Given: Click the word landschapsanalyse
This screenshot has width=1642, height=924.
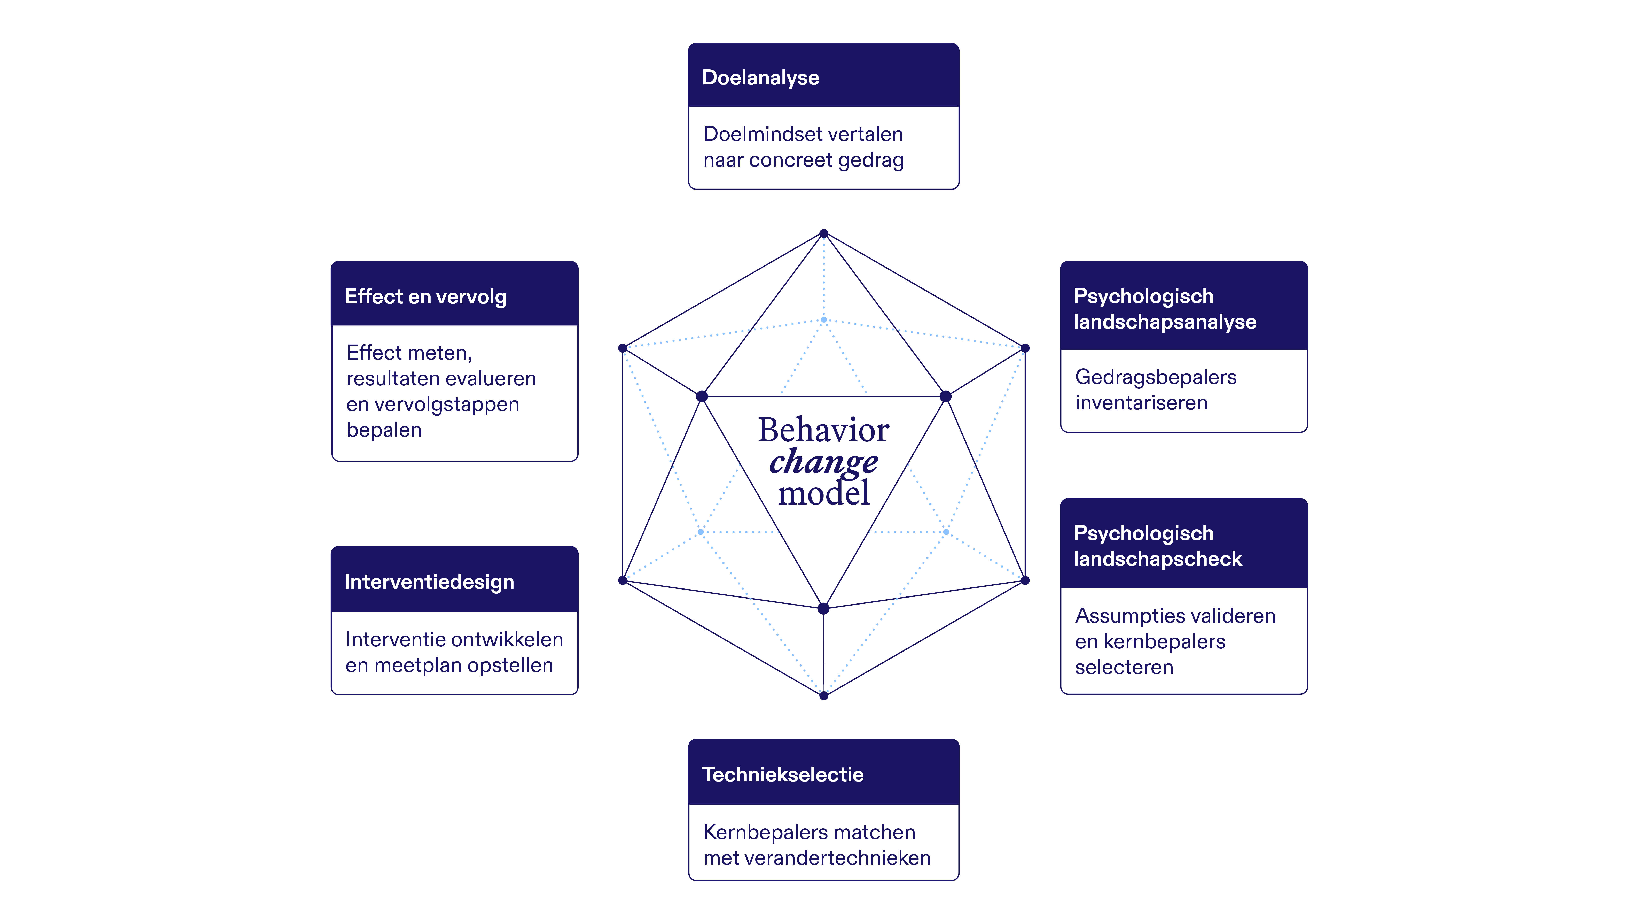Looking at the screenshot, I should point(1165,322).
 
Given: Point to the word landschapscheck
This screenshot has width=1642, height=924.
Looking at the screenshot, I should point(1158,559).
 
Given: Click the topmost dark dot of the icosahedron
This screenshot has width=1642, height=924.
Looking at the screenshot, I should point(823,233).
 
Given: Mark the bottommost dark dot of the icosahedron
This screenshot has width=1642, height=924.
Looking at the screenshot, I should point(823,696).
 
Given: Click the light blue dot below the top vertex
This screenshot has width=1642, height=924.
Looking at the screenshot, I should point(823,319).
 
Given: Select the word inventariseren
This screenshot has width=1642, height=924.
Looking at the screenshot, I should point(1141,403).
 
